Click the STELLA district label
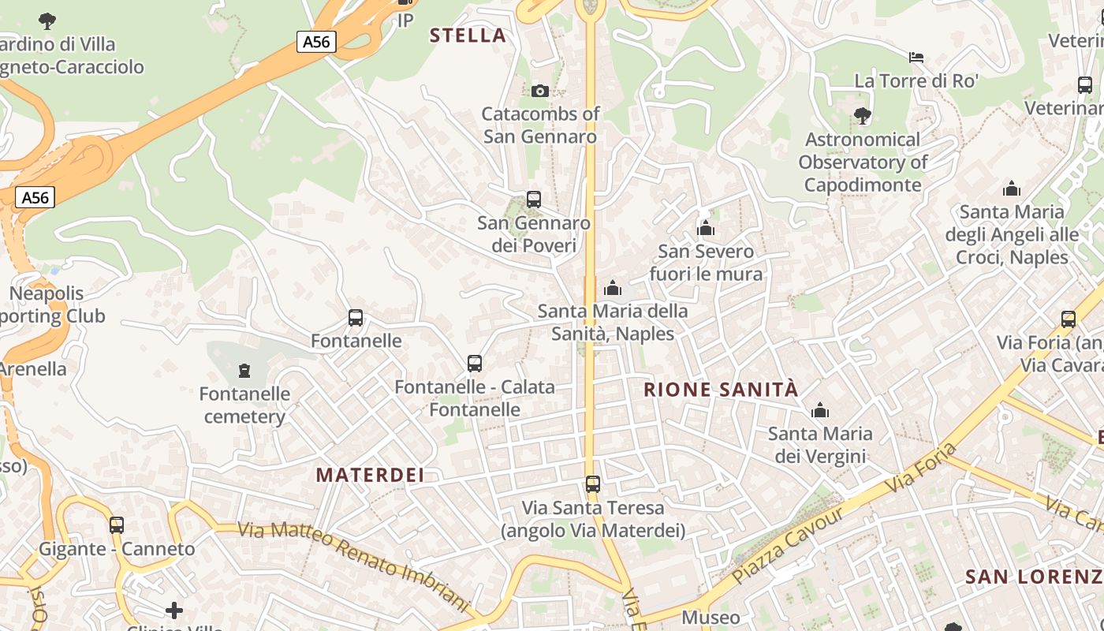coord(468,35)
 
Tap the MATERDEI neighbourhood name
coord(370,475)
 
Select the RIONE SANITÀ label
coord(721,390)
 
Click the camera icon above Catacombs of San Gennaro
coord(540,91)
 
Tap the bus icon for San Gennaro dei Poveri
coord(534,200)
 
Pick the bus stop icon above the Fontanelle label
coord(356,318)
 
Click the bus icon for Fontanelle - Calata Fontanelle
coord(475,364)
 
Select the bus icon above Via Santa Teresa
coord(592,484)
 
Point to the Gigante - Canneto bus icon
coord(117,525)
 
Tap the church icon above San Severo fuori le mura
coord(705,229)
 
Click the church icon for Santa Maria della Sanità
coord(613,289)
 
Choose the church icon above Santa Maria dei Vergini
coord(820,410)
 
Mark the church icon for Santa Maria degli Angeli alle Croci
coord(1011,189)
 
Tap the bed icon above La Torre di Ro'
coord(916,58)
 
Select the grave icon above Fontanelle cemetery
coord(244,370)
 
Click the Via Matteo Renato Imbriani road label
coord(354,563)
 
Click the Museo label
coord(711,618)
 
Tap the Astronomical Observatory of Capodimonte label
coord(862,162)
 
